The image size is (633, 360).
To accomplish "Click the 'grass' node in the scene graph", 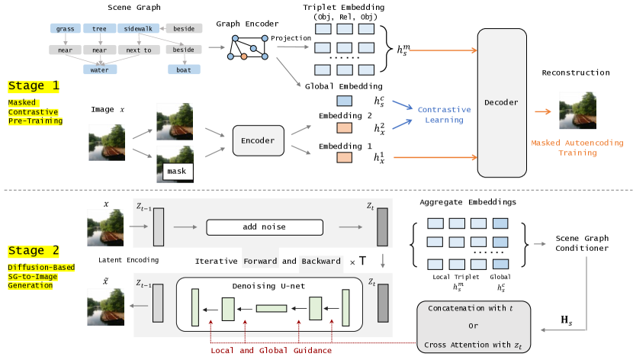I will tap(65, 28).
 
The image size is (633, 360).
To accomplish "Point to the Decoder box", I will tap(501, 101).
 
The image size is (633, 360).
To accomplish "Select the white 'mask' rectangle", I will tap(176, 171).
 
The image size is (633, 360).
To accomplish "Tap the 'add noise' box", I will tap(259, 227).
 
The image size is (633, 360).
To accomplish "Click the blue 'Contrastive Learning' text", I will tap(443, 114).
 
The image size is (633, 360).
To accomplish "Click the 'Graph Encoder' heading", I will tap(242, 23).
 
